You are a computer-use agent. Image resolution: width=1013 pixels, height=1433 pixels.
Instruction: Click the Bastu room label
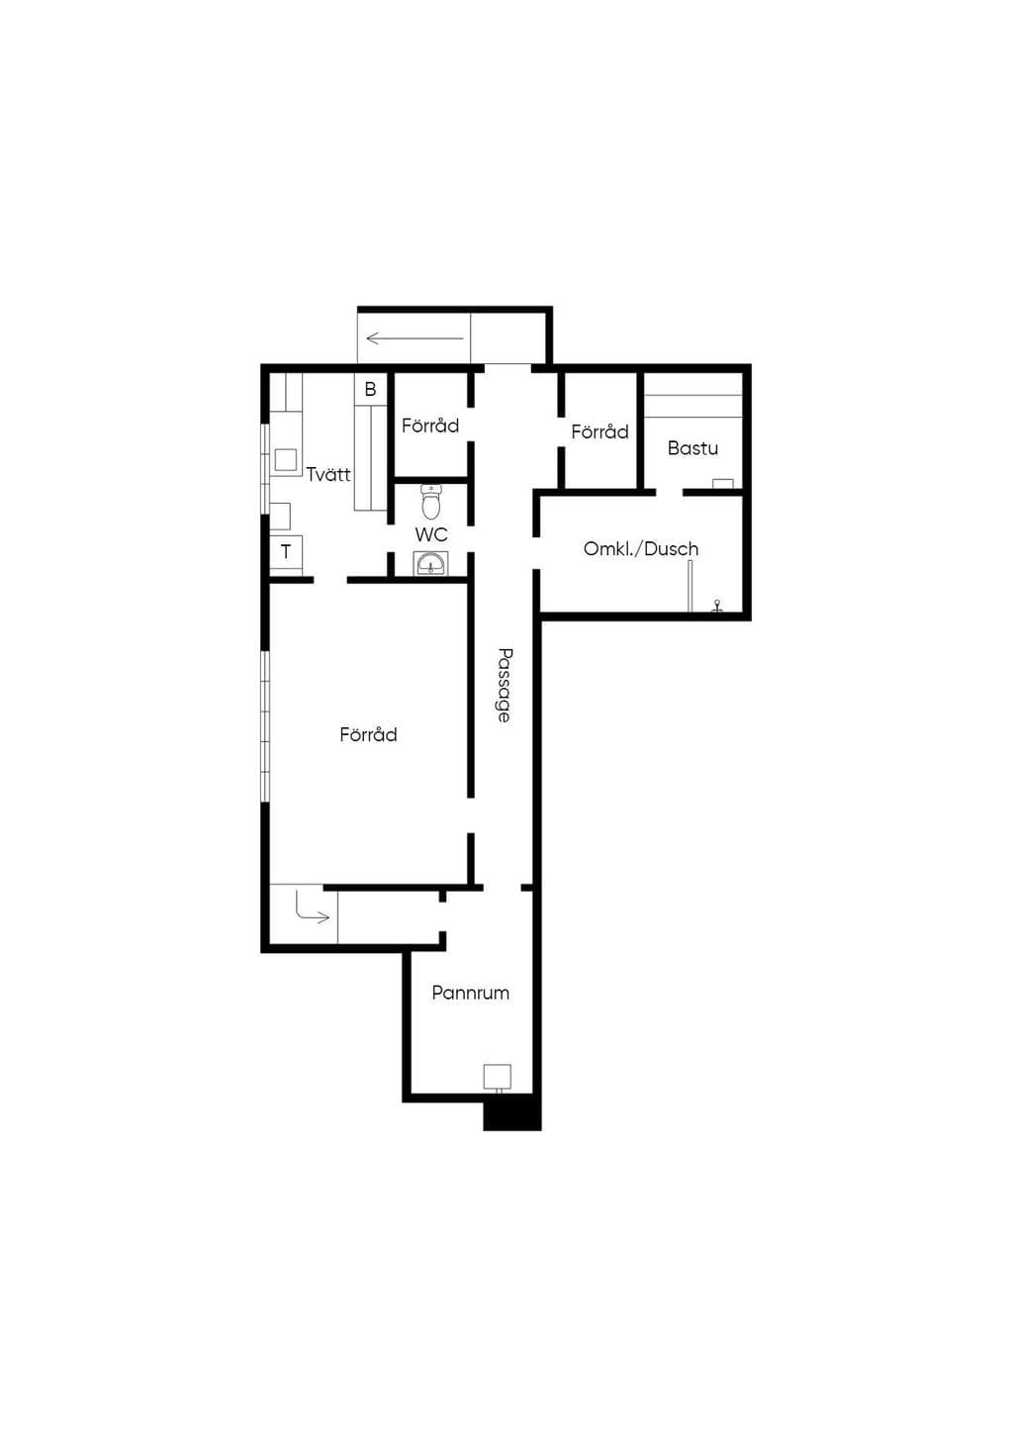click(x=691, y=447)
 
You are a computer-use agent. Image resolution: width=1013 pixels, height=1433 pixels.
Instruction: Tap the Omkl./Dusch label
click(x=640, y=548)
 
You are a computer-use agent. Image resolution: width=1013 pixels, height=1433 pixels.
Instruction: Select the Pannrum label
click(x=470, y=993)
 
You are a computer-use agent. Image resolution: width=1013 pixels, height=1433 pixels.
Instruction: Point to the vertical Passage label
click(x=505, y=685)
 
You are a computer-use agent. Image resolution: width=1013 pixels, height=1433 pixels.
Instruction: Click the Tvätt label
click(x=328, y=474)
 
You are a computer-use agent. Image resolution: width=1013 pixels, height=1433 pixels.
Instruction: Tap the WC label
click(x=431, y=534)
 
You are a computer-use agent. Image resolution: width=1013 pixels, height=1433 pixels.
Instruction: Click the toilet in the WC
click(x=431, y=502)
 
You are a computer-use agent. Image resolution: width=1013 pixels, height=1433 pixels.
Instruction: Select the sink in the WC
click(x=430, y=564)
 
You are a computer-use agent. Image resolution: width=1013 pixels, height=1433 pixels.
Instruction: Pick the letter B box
click(x=370, y=389)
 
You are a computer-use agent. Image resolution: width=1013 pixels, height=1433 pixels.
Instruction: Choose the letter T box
click(x=286, y=551)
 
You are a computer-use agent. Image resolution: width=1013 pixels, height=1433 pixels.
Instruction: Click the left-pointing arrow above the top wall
click(x=414, y=337)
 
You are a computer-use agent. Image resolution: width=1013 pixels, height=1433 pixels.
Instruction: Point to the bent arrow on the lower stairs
click(x=312, y=909)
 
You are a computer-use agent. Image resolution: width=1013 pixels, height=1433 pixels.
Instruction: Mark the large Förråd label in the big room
click(x=368, y=733)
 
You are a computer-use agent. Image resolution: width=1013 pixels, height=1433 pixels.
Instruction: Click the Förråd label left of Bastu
click(x=599, y=431)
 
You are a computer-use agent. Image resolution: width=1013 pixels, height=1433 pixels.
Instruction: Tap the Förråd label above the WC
click(x=429, y=426)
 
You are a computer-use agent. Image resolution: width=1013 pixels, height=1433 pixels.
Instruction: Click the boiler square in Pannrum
click(x=497, y=1077)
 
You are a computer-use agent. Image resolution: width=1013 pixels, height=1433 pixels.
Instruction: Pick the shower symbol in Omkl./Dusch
click(x=717, y=606)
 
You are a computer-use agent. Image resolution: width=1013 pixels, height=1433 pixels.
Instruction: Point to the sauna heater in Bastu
click(x=723, y=484)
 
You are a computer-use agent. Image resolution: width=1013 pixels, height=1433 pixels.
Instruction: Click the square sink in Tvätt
click(x=286, y=460)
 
